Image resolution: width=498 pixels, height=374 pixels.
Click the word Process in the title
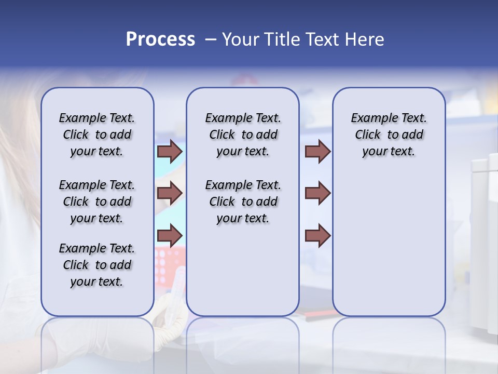(160, 39)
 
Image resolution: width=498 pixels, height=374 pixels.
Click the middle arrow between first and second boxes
(170, 193)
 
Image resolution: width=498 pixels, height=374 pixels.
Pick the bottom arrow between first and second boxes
(170, 235)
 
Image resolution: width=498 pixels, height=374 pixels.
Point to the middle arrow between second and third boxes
(317, 193)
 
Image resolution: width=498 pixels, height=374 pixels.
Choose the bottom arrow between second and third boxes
(317, 235)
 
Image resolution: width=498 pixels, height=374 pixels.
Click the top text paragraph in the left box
(97, 135)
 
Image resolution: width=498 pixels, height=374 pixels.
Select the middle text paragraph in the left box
(97, 202)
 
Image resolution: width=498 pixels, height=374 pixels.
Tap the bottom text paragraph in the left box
(97, 265)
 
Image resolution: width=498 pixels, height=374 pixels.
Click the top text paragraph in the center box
(243, 135)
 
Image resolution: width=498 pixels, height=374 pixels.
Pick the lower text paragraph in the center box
(243, 202)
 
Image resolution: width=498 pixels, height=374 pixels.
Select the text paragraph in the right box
(389, 135)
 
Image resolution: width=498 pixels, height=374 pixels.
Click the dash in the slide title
(211, 39)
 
